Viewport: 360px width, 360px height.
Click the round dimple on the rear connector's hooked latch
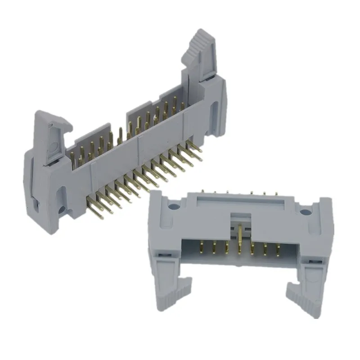[53, 147]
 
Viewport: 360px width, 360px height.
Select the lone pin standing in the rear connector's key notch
[120, 135]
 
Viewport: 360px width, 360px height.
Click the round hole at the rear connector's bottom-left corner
[60, 208]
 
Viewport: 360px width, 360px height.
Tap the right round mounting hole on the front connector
[305, 210]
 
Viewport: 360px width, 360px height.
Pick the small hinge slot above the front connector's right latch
[311, 260]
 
